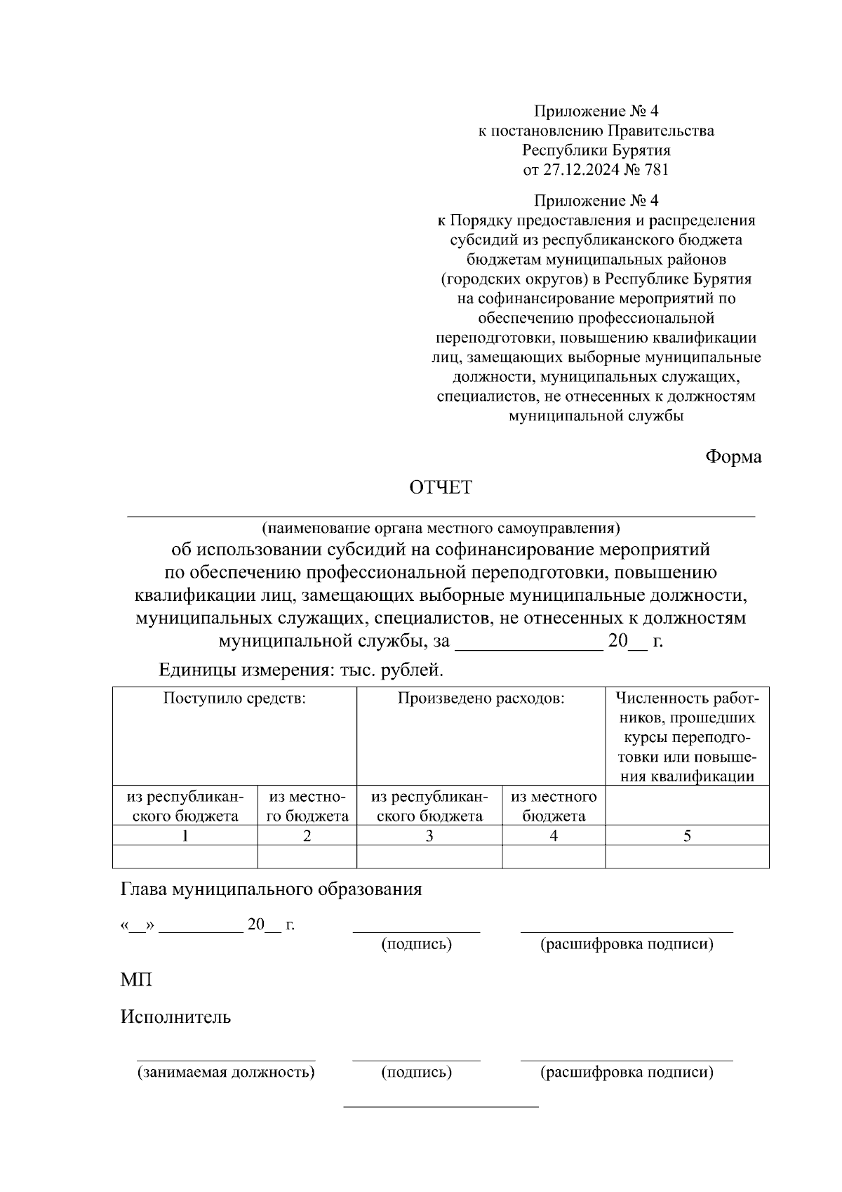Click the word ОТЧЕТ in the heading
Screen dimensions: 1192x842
[441, 488]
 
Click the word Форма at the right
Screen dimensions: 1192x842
[733, 457]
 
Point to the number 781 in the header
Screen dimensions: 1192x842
[656, 170]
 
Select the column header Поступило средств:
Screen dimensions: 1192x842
[234, 698]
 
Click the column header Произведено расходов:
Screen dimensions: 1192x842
[481, 698]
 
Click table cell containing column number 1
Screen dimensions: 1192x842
[185, 835]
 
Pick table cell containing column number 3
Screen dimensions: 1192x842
[429, 835]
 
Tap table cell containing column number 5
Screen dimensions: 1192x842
[687, 835]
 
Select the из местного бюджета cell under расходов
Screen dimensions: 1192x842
[554, 806]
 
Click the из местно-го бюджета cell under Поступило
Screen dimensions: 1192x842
[307, 806]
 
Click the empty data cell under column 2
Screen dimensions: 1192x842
[307, 856]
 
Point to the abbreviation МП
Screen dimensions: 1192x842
[136, 980]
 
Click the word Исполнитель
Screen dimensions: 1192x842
[175, 1017]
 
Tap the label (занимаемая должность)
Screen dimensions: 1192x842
[225, 1072]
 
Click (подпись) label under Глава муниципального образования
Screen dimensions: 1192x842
[416, 944]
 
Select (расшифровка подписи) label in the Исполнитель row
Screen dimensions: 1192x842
[627, 1072]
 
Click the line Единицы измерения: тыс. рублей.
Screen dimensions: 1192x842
[302, 670]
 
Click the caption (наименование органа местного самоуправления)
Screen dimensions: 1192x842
[441, 527]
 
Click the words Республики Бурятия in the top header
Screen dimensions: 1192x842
[596, 150]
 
